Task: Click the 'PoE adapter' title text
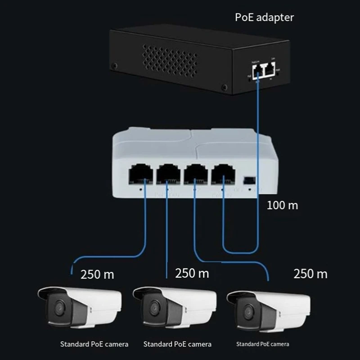click(265, 18)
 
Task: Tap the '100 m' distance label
click(283, 205)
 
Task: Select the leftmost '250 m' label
click(97, 274)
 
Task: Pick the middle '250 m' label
click(192, 273)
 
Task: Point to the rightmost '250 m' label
click(310, 273)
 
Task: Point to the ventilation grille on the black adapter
click(170, 59)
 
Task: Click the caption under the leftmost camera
click(94, 344)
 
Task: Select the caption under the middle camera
click(177, 344)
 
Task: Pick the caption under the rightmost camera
click(263, 344)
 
